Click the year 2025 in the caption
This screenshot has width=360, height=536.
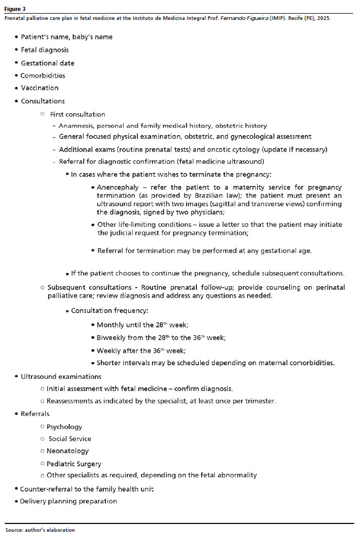coord(323,18)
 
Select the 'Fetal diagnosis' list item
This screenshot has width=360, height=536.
coord(45,50)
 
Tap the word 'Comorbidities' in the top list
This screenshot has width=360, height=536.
coord(43,75)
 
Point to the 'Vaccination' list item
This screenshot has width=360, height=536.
coord(39,88)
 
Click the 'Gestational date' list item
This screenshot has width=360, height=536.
coord(47,63)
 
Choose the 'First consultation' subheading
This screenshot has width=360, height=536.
coord(78,114)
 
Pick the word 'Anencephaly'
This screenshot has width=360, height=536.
coord(119,187)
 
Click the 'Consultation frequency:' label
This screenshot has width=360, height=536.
coord(110,311)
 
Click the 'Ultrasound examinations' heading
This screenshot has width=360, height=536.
coord(61,377)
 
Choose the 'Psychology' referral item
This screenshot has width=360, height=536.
coord(64,427)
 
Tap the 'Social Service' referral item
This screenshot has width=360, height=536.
coord(70,439)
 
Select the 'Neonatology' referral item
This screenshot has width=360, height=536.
coord(68,451)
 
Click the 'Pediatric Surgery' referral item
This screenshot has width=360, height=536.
coord(74,464)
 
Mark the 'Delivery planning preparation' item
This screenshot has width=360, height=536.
coord(68,501)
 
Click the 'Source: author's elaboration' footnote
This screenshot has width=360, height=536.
coord(40,530)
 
